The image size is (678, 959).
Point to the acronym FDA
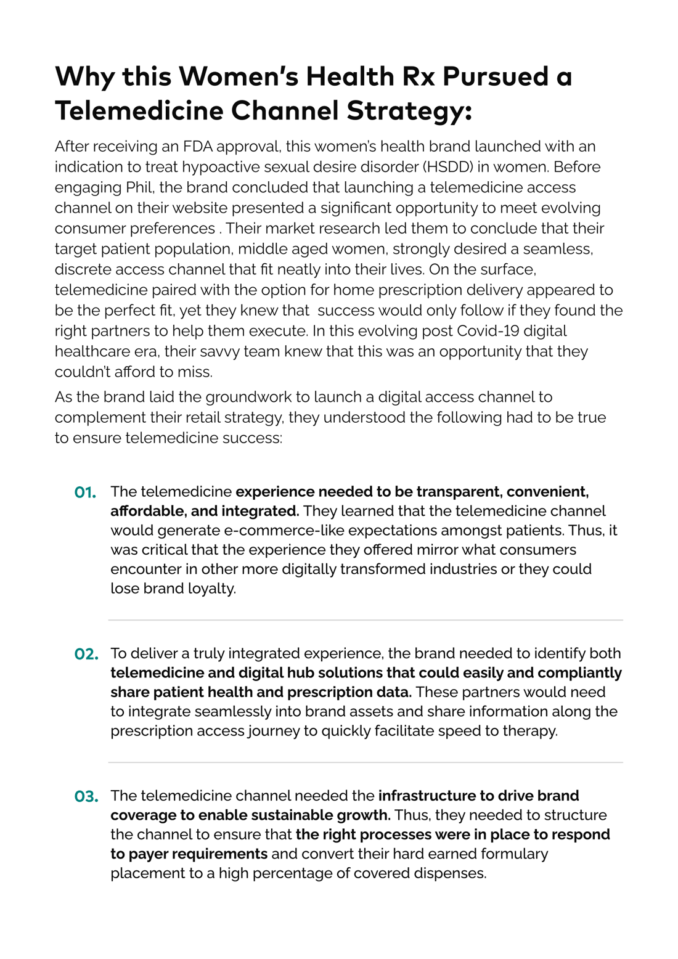[198, 147]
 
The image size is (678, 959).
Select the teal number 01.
[86, 492]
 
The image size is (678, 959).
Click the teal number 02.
[86, 654]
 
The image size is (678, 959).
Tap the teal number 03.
[86, 797]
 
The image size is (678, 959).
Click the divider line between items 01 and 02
[366, 620]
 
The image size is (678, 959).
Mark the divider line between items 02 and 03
[366, 762]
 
